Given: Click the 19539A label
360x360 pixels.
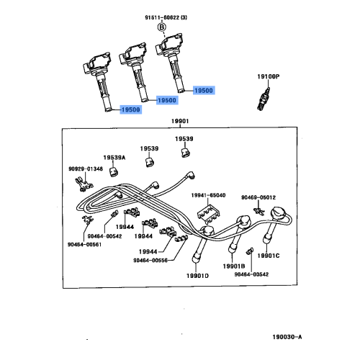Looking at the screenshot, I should click(113, 157).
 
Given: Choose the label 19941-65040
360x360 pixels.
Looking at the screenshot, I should click(208, 194).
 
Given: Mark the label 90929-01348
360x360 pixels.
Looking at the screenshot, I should click(85, 169).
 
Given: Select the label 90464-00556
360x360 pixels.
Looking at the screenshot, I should click(152, 260).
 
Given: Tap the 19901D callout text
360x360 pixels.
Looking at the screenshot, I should click(194, 275).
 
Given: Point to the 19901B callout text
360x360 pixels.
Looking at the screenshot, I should click(234, 266).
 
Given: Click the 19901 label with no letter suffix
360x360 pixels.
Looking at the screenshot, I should click(180, 122).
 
